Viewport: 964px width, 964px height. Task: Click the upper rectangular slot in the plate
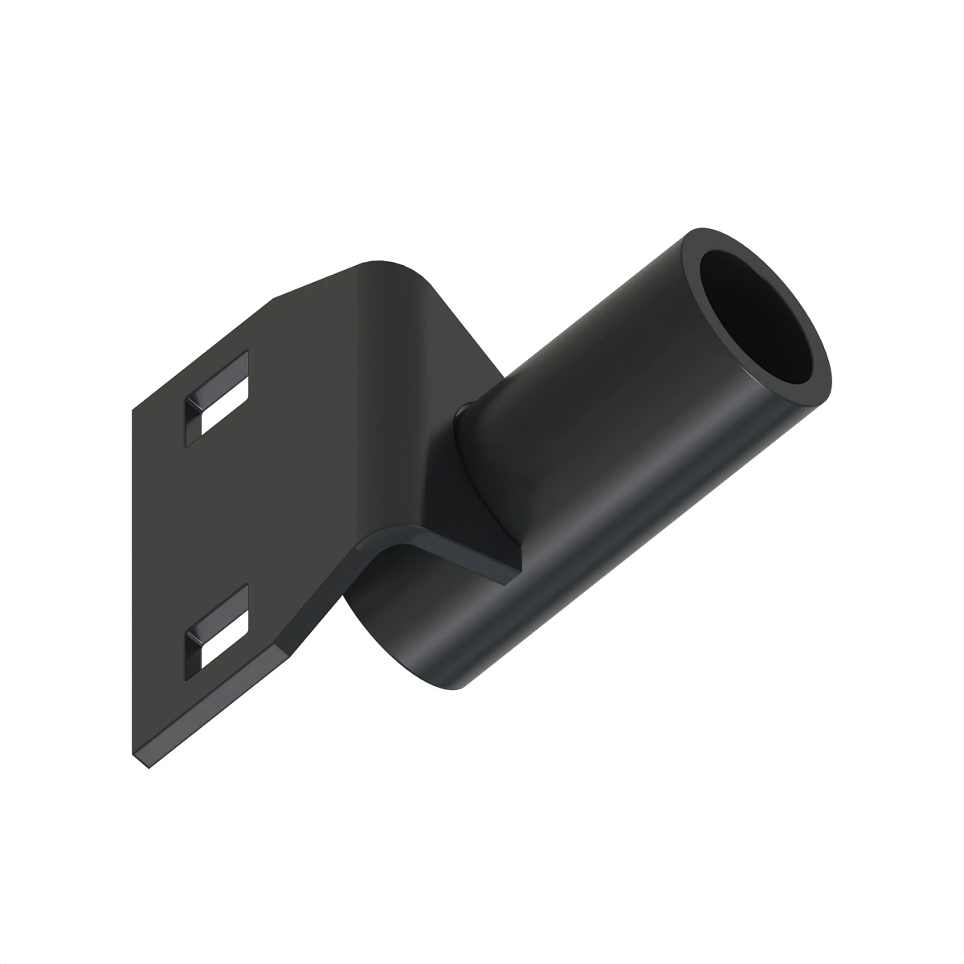click(x=218, y=394)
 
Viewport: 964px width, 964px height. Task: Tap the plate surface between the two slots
click(x=217, y=514)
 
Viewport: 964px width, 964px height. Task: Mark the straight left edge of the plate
click(x=133, y=578)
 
